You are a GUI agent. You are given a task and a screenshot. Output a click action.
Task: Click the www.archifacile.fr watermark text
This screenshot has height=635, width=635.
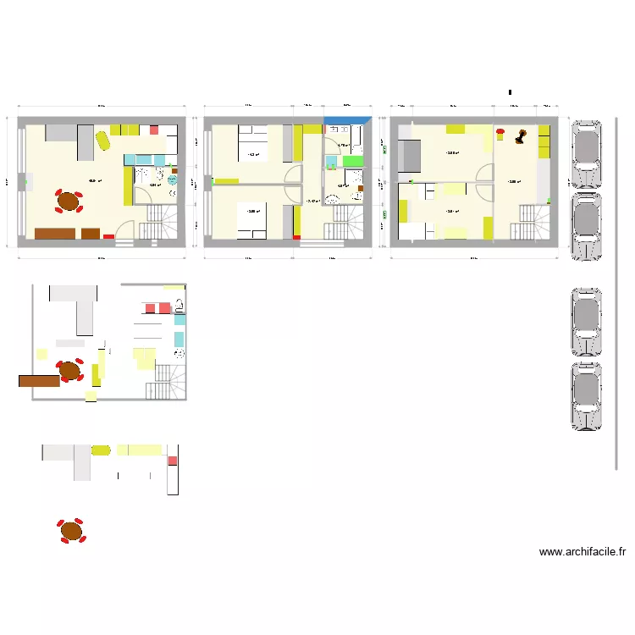[x=582, y=553]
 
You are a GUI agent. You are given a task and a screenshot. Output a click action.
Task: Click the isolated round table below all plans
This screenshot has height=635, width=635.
[x=71, y=531]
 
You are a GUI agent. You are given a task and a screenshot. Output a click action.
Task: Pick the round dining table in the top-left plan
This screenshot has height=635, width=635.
[x=69, y=202]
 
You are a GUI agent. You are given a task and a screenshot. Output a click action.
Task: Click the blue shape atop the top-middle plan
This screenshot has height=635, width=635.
[x=348, y=121]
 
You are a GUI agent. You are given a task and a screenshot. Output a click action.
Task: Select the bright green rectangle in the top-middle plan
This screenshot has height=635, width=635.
[x=351, y=159]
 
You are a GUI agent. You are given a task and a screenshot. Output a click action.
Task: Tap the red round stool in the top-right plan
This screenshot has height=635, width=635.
[x=500, y=131]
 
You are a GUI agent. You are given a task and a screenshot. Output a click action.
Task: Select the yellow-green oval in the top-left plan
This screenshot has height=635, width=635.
[x=102, y=140]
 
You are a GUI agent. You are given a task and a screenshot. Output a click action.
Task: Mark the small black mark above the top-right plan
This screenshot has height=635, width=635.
[x=510, y=91]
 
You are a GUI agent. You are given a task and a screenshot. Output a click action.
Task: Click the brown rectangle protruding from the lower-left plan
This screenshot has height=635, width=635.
[x=38, y=381]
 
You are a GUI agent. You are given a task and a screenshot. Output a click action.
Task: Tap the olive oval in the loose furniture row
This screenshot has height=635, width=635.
[x=101, y=450]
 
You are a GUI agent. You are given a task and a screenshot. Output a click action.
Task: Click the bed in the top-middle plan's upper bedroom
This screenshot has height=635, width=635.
[x=253, y=146]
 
